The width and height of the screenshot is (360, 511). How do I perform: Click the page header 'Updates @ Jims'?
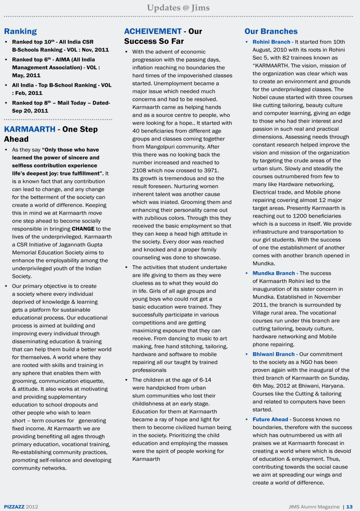178,8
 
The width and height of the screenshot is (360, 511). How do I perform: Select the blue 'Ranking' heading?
20,31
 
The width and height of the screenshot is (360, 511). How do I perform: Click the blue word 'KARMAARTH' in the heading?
29,129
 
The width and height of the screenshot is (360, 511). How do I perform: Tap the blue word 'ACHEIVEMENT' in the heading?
153,31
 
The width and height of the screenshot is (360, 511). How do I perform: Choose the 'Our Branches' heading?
271,31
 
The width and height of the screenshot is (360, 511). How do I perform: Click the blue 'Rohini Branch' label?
271,42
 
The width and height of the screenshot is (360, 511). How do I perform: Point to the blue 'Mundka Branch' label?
274,273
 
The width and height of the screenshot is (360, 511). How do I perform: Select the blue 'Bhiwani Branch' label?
274,354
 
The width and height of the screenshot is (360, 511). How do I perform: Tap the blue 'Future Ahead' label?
271,419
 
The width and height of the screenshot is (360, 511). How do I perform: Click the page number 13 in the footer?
349,507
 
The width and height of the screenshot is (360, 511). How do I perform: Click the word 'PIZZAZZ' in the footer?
14,507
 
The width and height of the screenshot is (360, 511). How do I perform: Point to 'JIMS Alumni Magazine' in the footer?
314,507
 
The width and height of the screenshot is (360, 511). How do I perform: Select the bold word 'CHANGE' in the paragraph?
83,229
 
